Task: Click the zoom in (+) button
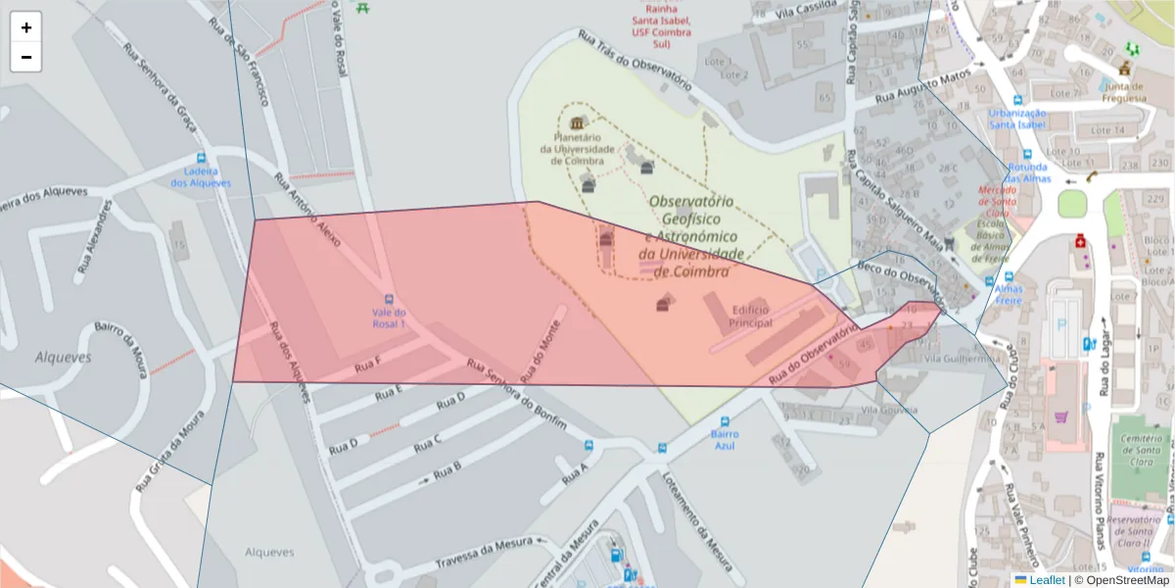[26, 27]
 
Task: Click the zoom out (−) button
[26, 57]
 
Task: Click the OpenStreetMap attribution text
[1127, 580]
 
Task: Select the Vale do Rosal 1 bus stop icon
[389, 299]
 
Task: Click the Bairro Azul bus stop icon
[725, 421]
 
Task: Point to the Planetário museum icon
[577, 123]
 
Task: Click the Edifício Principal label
[751, 317]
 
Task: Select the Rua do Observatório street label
[813, 354]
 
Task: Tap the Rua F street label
[368, 367]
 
